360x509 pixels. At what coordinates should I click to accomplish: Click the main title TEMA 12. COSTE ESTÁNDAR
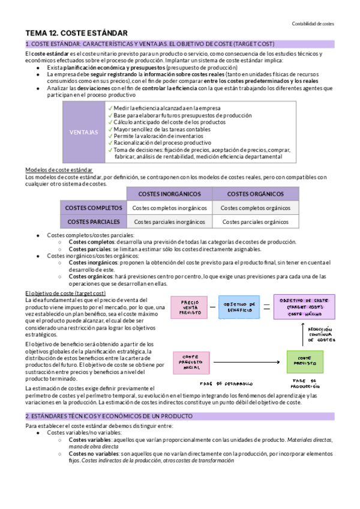76,33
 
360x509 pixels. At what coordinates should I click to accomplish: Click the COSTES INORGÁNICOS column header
169,194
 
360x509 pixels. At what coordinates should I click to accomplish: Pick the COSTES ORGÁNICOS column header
255,194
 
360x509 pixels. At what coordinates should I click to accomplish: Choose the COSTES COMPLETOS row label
93,208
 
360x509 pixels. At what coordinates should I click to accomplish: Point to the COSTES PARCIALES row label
93,221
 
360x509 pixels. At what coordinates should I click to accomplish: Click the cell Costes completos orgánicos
255,208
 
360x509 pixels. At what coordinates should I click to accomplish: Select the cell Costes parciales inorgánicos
169,221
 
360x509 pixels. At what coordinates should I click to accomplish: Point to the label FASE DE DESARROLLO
226,383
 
